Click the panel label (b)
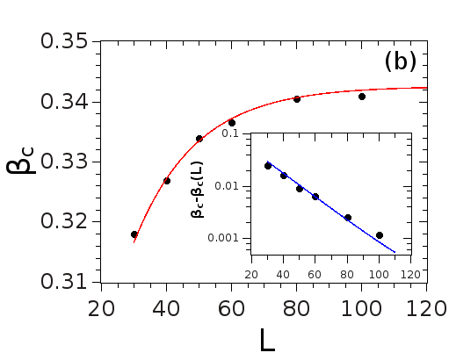(400, 62)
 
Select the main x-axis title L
(267, 339)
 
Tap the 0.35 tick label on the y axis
(64, 42)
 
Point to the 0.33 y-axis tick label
(64, 162)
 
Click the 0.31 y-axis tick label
(64, 283)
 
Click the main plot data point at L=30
(134, 234)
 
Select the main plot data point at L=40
(167, 181)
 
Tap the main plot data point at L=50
(199, 139)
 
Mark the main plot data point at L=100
(362, 97)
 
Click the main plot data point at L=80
(297, 99)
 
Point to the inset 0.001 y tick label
(226, 238)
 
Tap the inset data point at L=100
(380, 235)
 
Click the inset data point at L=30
(268, 166)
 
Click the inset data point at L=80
(348, 218)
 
